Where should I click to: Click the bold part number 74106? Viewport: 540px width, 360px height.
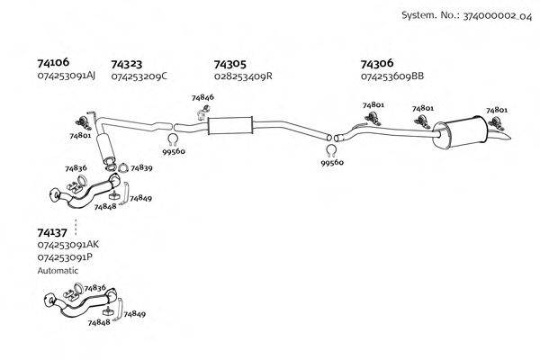(x=51, y=63)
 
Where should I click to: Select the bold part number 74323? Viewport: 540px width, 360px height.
(x=126, y=64)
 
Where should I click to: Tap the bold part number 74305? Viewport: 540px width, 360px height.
(x=229, y=64)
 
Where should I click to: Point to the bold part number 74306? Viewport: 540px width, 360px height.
(x=376, y=64)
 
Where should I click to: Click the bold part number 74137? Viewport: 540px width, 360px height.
(x=52, y=231)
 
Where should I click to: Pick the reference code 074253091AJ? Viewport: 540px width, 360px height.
(x=67, y=76)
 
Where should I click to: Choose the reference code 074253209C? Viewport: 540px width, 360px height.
(x=139, y=76)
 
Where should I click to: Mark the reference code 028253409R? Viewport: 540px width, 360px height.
(x=243, y=76)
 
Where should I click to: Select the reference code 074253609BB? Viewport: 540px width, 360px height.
(x=391, y=76)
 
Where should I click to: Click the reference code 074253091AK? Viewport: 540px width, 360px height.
(x=68, y=245)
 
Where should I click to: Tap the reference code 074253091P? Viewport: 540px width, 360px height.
(x=65, y=257)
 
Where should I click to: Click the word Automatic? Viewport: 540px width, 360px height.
(x=58, y=270)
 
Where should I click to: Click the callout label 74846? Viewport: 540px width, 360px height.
(x=202, y=97)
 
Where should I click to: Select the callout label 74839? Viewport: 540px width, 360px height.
(x=141, y=167)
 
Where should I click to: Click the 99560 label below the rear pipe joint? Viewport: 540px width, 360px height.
(x=332, y=163)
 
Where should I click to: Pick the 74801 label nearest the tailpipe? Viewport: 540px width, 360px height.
(x=496, y=110)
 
